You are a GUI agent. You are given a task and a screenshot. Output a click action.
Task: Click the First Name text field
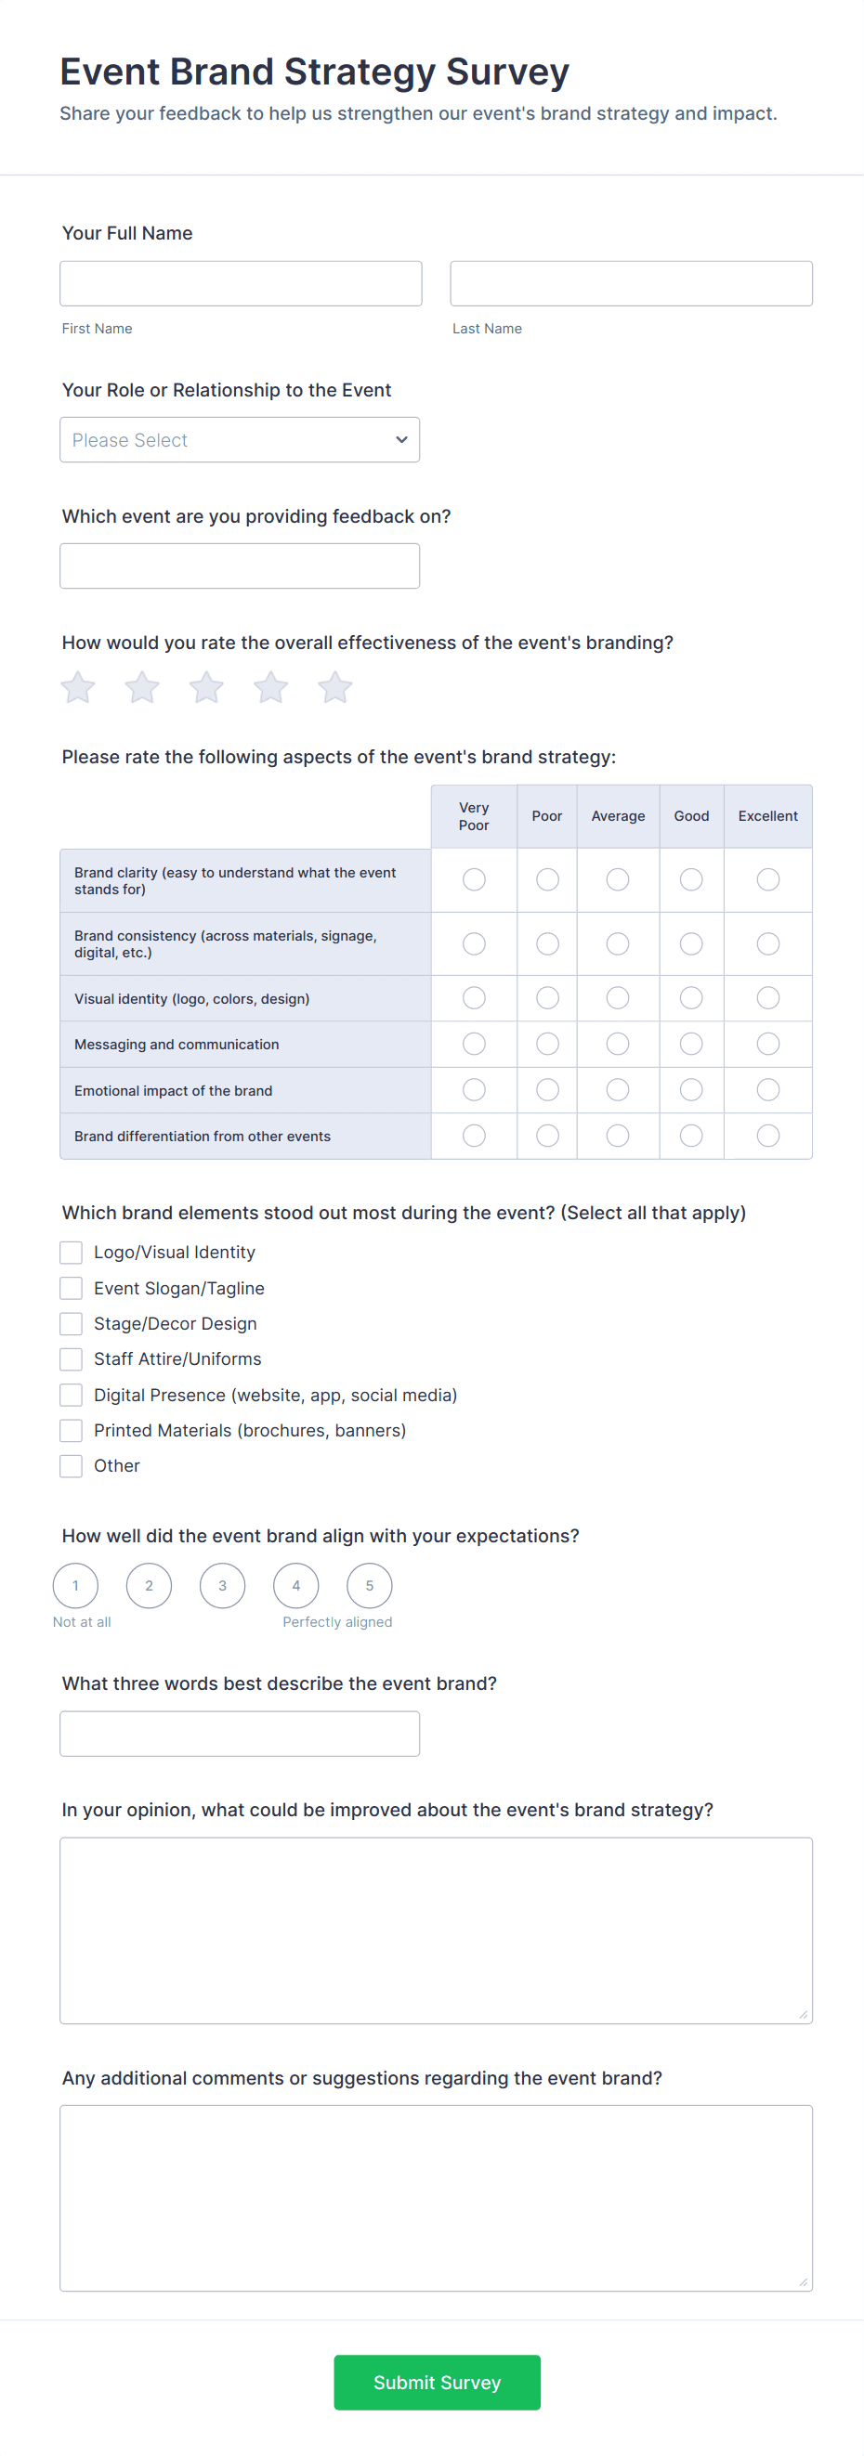(241, 283)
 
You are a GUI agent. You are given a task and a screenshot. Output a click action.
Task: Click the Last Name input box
(631, 283)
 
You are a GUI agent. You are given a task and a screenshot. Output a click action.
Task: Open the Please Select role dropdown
(240, 439)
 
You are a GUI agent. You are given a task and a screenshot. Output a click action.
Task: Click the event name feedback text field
(240, 565)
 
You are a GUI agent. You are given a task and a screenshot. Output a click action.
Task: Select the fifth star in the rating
(334, 686)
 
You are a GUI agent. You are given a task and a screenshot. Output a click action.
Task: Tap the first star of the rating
(78, 686)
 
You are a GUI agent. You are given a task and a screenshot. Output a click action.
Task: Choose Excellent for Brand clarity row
(767, 879)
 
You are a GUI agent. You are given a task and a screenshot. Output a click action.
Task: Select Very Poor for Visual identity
(474, 997)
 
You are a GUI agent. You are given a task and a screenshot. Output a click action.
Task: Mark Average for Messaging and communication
(618, 1044)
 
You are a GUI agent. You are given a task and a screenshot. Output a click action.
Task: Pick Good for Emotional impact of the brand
(691, 1090)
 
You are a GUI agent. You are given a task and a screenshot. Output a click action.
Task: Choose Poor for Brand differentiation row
(547, 1136)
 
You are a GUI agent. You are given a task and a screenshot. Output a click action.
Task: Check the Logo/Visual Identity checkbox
(72, 1252)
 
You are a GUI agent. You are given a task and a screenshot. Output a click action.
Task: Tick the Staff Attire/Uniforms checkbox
(72, 1358)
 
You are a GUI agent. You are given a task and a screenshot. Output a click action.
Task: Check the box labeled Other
(72, 1465)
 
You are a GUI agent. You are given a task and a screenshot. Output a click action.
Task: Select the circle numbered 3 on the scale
(222, 1586)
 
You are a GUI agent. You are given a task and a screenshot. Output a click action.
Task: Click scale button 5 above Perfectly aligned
(369, 1586)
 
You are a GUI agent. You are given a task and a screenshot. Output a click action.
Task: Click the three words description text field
(240, 1734)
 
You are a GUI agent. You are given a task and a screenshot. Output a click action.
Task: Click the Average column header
(618, 816)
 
